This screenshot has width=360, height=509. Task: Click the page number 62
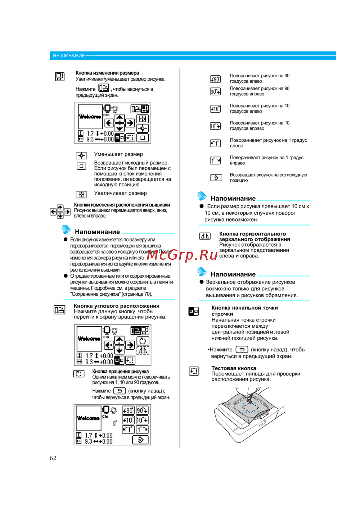pyautogui.click(x=53, y=458)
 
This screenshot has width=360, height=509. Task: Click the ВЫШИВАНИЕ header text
pyautogui.click(x=69, y=56)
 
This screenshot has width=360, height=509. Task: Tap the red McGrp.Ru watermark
pyautogui.click(x=182, y=255)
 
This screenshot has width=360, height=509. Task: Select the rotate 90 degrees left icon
pyautogui.click(x=215, y=79)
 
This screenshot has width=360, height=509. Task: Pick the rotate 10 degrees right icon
pyautogui.click(x=215, y=126)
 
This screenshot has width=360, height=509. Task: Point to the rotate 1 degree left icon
pyautogui.click(x=215, y=143)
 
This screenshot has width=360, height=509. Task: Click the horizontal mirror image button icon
pyautogui.click(x=205, y=236)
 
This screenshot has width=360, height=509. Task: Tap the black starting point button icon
pyautogui.click(x=194, y=311)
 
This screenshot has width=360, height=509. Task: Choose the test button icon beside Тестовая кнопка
pyautogui.click(x=194, y=371)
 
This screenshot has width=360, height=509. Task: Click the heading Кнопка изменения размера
pyautogui.click(x=107, y=73)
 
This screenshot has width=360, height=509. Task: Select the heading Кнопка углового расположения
pyautogui.click(x=117, y=306)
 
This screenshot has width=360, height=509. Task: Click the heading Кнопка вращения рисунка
pyautogui.click(x=120, y=372)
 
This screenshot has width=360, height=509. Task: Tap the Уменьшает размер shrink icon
pyautogui.click(x=81, y=155)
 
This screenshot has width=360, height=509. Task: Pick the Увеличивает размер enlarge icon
pyautogui.click(x=81, y=195)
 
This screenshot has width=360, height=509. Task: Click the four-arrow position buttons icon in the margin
pyautogui.click(x=60, y=212)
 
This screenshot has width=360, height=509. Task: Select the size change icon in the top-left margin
pyautogui.click(x=60, y=76)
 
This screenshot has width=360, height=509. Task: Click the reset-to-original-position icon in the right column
pyautogui.click(x=215, y=178)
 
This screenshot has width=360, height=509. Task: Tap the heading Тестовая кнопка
pyautogui.click(x=234, y=368)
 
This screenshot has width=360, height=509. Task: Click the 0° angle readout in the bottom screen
pyautogui.click(x=114, y=424)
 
